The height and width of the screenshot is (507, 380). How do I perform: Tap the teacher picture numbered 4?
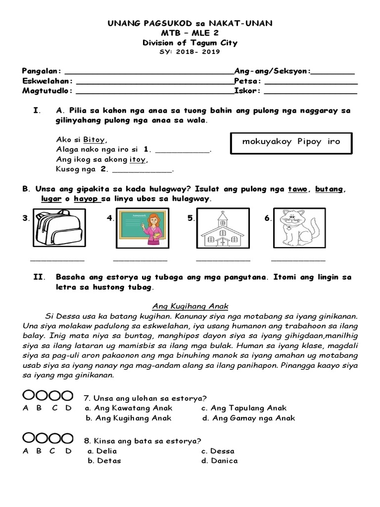tap(142, 227)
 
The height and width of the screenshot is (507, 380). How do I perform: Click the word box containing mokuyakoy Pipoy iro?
tap(291, 143)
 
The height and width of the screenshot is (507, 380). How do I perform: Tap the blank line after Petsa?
tap(311, 82)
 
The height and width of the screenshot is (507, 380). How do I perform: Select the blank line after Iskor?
tap(310, 92)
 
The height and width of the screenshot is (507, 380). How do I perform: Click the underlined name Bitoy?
tap(94, 140)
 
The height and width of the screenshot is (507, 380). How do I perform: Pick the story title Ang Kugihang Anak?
tap(190, 305)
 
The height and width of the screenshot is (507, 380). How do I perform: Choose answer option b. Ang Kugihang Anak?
tap(129, 418)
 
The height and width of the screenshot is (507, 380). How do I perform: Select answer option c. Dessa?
tap(218, 451)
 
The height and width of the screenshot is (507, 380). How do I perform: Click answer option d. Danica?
tap(219, 461)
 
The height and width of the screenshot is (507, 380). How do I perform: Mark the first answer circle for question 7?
tap(29, 396)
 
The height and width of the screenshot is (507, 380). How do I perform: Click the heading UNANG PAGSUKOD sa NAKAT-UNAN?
tap(190, 23)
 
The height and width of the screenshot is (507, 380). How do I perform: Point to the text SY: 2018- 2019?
tap(190, 51)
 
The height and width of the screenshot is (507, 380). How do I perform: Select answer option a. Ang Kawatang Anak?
tap(129, 408)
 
